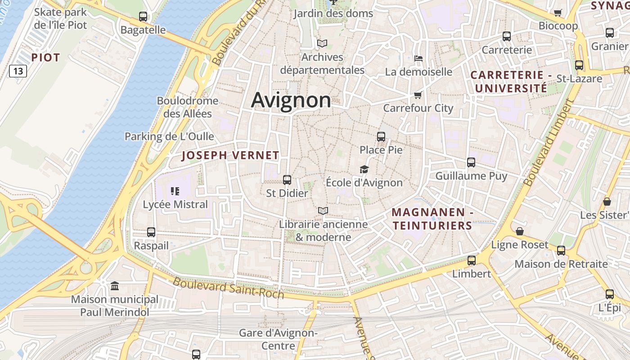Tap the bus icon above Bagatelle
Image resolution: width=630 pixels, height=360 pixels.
point(143,17)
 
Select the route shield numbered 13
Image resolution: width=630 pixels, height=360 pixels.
point(18,71)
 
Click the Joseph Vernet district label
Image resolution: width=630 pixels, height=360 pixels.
point(230,156)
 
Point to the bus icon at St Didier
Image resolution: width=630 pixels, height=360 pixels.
point(287,180)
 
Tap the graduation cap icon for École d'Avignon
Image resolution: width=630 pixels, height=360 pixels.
point(364,169)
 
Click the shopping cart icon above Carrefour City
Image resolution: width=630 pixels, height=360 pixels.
point(418,95)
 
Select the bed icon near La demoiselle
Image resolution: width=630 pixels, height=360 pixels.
point(418,58)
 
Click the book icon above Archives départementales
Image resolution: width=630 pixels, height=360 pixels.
point(322,44)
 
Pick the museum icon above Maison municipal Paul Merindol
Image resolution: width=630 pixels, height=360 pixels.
point(115,286)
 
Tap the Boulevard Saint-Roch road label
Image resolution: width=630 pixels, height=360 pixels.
point(228,288)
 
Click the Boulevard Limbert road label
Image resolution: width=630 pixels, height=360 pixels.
point(548,142)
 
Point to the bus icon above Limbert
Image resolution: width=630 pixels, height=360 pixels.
point(472,260)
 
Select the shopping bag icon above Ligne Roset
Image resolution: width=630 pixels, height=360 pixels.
point(520,231)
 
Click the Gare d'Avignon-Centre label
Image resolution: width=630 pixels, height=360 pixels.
point(278,339)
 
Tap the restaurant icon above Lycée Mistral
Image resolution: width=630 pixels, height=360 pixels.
point(175,191)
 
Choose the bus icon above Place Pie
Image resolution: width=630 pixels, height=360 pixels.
point(381,136)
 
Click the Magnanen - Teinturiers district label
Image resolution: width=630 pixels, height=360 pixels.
point(432,219)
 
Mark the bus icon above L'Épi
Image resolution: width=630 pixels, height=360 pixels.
point(610,294)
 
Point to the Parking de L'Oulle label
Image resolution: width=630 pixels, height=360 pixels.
point(169,136)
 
